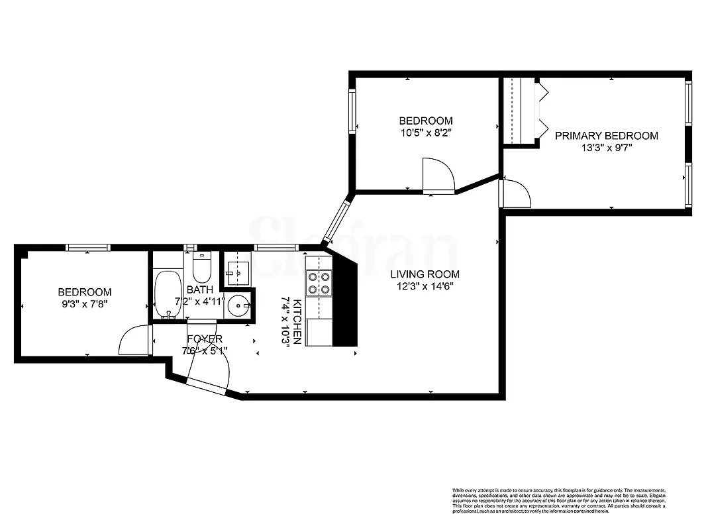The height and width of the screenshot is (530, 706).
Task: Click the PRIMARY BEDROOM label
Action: (x=606, y=136)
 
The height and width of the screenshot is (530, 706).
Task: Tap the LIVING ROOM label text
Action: (x=425, y=274)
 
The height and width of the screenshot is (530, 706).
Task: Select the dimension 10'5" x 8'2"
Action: (x=425, y=132)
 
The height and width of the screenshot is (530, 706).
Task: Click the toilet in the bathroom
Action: (x=201, y=269)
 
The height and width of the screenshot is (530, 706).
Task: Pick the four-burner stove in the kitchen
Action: (x=318, y=284)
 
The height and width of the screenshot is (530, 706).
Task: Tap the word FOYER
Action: (x=205, y=339)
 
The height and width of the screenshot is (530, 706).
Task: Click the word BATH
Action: (x=199, y=290)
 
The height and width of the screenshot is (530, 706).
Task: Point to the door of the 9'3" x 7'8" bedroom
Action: (x=134, y=341)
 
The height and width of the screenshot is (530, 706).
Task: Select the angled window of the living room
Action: (x=336, y=219)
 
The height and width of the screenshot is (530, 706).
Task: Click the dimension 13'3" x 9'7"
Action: (x=606, y=148)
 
